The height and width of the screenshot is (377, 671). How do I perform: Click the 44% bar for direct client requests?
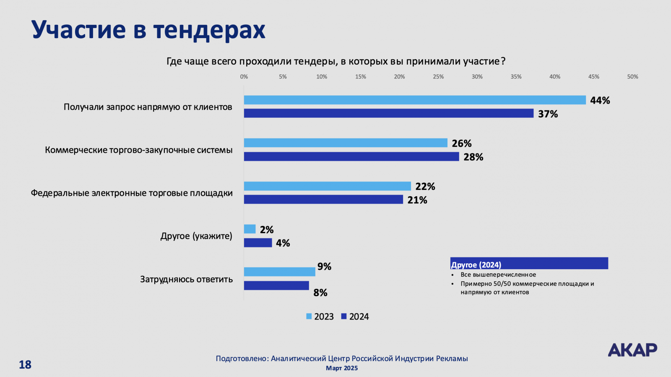tap(414, 100)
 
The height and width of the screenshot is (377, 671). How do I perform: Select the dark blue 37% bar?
tap(388, 113)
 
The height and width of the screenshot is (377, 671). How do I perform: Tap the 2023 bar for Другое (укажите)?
tap(250, 229)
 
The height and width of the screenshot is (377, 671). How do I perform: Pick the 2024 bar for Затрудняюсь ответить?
tap(276, 286)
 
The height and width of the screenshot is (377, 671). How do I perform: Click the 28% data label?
tap(473, 157)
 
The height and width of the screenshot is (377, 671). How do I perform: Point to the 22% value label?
tap(425, 186)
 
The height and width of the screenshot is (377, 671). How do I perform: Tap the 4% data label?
tap(283, 243)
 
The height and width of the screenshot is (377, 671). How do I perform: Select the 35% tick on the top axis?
tap(516, 77)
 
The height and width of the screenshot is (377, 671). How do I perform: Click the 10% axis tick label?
tap(322, 77)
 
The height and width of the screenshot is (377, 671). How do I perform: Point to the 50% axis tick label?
tap(632, 77)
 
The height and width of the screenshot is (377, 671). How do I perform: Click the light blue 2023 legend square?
tap(309, 317)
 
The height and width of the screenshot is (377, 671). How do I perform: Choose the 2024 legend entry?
tap(355, 317)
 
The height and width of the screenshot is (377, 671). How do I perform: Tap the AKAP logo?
tap(632, 350)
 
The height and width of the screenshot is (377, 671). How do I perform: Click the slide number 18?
tap(25, 364)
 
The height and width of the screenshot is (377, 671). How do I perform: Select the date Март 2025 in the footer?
tap(342, 368)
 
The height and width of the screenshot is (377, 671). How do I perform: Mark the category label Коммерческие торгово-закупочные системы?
tap(139, 150)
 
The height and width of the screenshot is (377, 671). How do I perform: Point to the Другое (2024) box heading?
tap(476, 265)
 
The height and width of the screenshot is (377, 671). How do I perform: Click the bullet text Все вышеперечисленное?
tap(498, 275)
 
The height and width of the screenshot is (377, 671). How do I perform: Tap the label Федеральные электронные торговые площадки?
tap(132, 193)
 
